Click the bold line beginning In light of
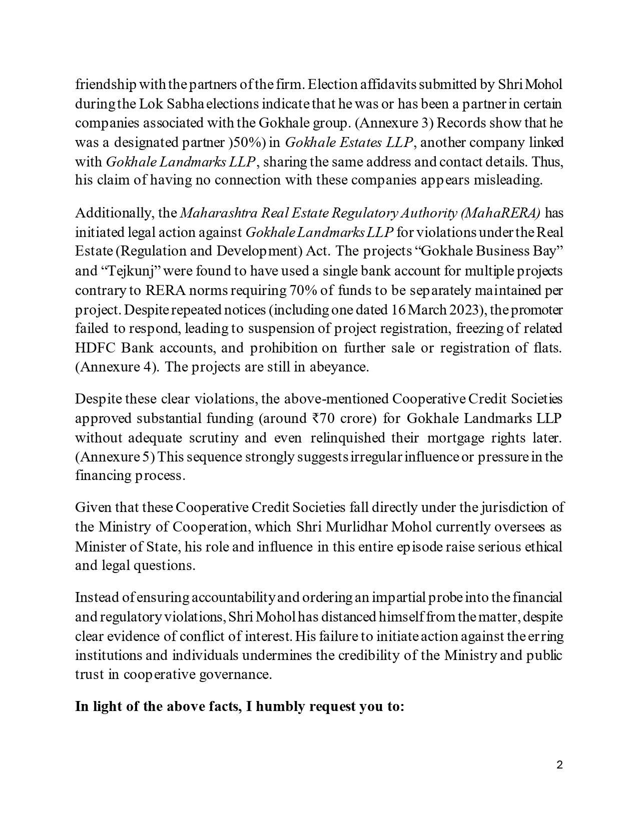click(240, 707)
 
